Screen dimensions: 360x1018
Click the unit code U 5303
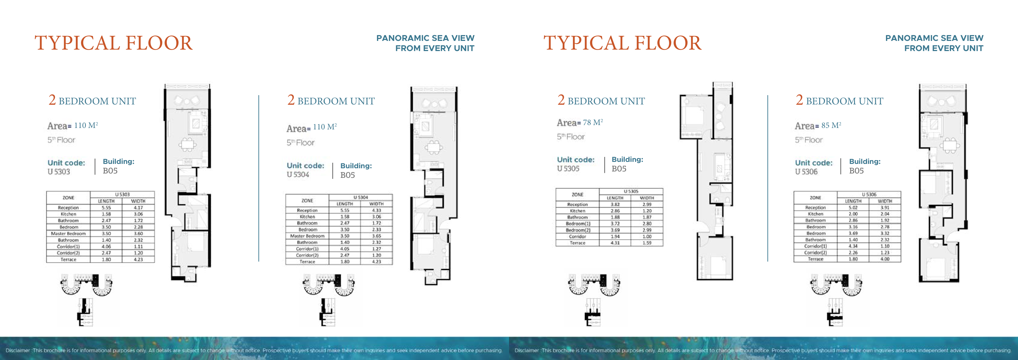(x=59, y=171)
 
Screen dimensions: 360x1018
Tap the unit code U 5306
(x=806, y=171)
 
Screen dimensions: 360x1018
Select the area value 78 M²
(x=593, y=122)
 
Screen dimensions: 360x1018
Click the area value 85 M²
(x=831, y=125)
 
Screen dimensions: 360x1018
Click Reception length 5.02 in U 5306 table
(x=853, y=207)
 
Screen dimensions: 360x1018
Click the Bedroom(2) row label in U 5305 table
(x=577, y=230)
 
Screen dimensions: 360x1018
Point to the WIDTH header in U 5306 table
(x=885, y=201)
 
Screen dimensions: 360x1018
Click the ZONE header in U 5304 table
(x=307, y=201)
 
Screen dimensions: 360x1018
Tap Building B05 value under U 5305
(x=619, y=169)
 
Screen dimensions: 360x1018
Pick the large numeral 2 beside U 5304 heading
(x=291, y=100)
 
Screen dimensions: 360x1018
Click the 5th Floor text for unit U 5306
(x=808, y=140)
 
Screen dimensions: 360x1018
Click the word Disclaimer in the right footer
(x=526, y=350)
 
